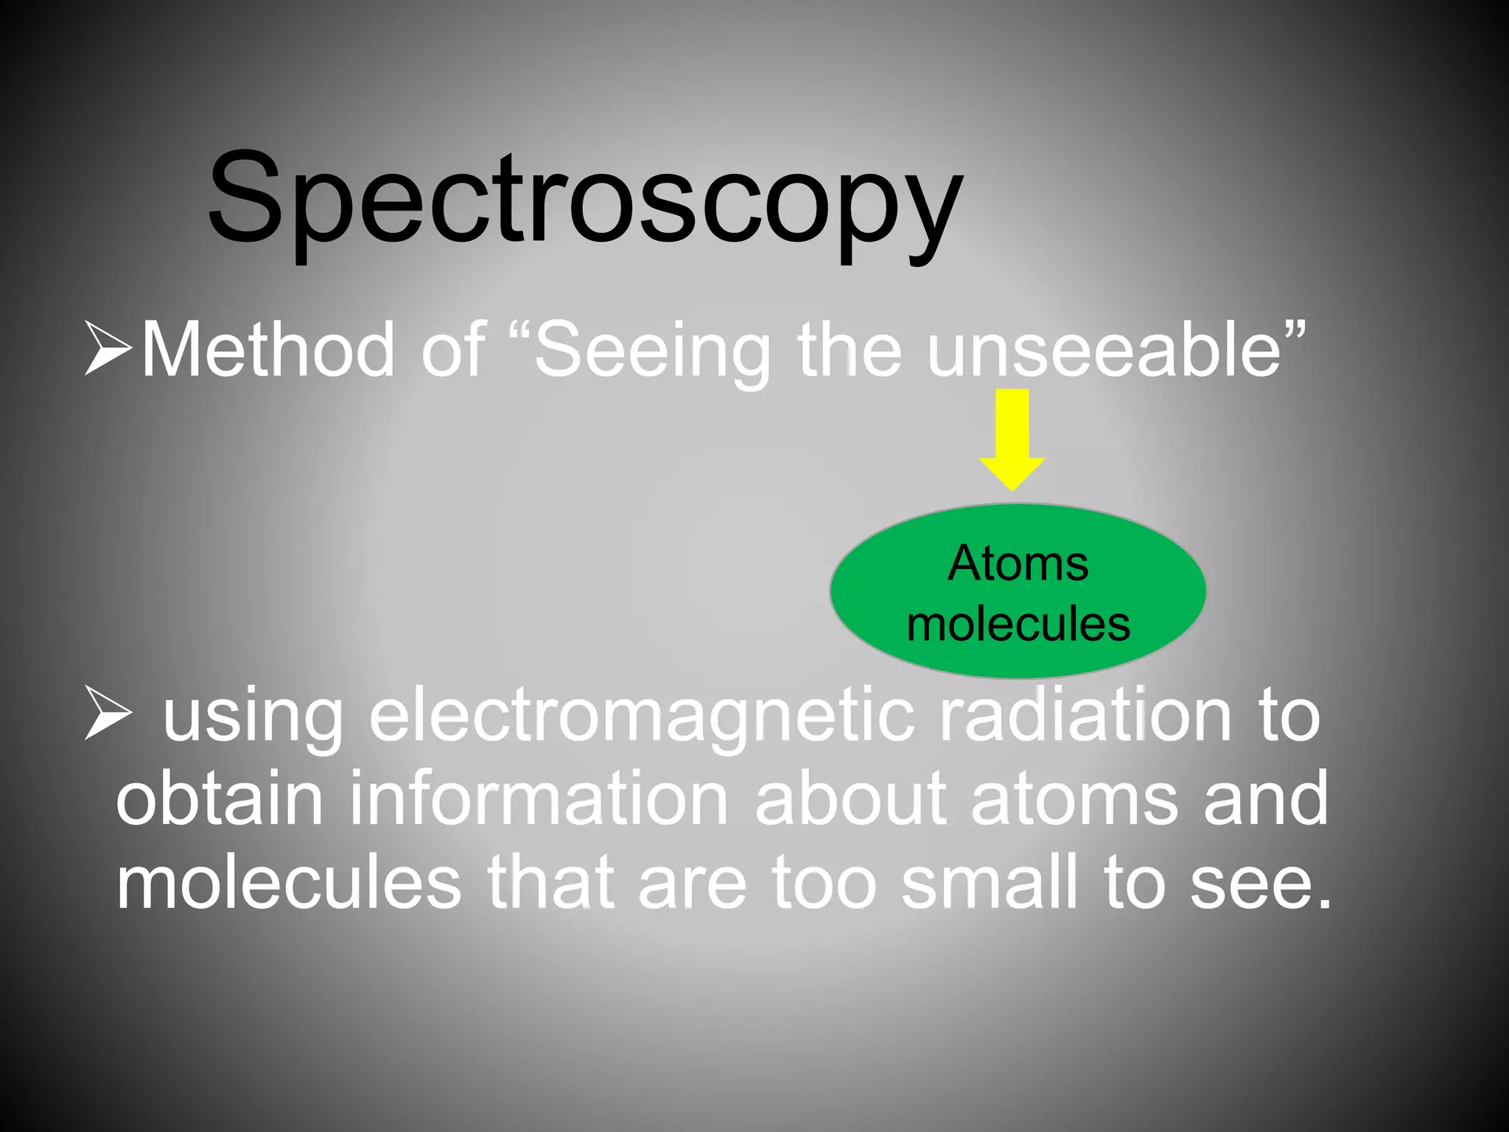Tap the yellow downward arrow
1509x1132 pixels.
pos(1012,439)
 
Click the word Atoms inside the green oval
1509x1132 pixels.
pos(1018,564)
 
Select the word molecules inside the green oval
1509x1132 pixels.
pos(1018,623)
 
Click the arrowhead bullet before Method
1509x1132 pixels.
pos(108,348)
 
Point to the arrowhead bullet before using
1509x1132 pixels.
pos(108,712)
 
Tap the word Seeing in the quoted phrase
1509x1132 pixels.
pos(651,352)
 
